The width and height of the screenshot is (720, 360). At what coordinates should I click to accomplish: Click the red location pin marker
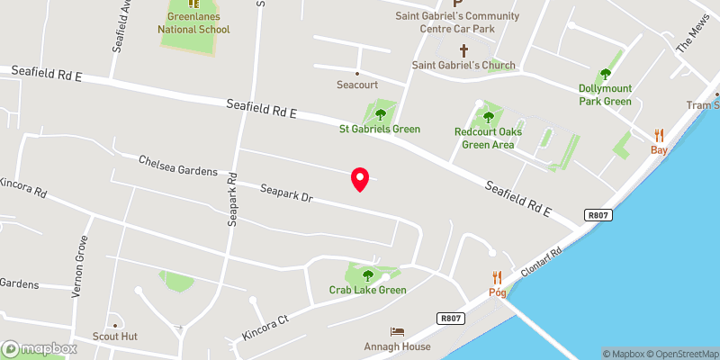360,179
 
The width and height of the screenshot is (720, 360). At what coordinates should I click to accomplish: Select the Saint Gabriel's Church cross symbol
464,50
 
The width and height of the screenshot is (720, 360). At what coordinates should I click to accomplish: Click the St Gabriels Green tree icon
380,114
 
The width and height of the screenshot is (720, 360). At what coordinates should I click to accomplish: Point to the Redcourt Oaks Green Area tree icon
489,116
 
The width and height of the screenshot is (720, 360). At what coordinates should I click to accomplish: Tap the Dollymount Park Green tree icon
606,75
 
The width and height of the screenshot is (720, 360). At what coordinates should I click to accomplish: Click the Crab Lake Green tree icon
367,274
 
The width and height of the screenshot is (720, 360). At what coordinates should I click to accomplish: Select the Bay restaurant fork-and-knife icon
660,135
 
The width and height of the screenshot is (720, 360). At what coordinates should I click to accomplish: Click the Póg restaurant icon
496,278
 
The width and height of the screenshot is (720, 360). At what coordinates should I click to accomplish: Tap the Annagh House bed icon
398,332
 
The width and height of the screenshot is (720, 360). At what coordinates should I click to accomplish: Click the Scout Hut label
114,336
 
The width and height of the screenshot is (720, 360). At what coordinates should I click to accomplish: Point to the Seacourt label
357,85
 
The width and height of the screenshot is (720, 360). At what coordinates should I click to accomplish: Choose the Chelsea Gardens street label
178,166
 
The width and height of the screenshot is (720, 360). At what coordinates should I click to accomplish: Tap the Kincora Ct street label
264,328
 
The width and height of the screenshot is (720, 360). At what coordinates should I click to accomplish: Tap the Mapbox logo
39,348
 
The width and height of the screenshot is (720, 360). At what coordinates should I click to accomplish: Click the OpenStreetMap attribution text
681,354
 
